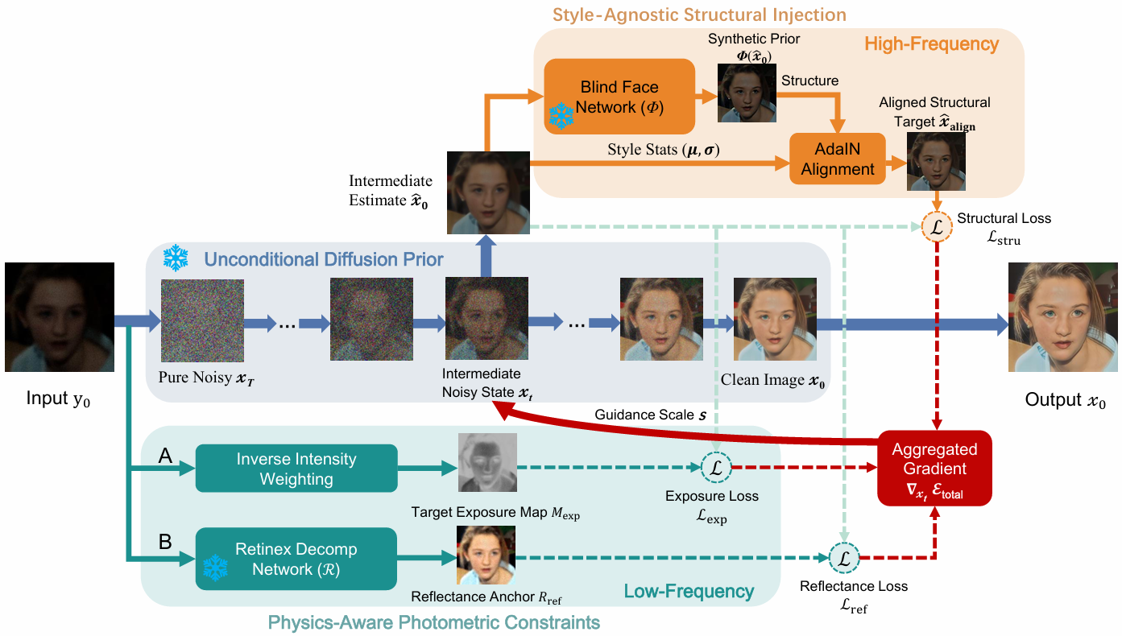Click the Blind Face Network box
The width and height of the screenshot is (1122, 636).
point(619,97)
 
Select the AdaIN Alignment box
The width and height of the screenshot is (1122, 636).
point(838,159)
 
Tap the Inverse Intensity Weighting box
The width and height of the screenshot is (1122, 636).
point(296,469)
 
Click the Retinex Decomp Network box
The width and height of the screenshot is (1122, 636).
point(296,559)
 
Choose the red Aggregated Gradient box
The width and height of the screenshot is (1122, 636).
point(934,469)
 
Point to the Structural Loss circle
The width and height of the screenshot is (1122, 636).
point(937,227)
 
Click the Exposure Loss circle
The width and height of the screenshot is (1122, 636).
point(716,467)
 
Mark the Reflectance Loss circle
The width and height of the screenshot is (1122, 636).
point(844,557)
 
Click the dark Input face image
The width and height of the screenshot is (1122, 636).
point(60,317)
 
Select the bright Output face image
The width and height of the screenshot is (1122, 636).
point(1063,317)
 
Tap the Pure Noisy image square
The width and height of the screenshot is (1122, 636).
point(202,320)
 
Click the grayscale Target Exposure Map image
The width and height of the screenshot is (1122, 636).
point(487,462)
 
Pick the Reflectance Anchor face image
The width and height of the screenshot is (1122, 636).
point(486,555)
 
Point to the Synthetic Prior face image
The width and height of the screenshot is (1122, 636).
point(747,93)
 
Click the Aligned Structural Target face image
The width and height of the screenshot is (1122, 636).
point(936,161)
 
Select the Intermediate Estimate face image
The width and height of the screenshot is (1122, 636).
point(488,192)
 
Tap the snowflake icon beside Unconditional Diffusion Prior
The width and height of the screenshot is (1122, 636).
point(176,258)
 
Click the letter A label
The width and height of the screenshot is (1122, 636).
point(165,456)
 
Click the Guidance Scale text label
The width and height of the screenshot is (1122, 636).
point(650,415)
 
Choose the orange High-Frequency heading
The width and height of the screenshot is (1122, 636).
point(932,44)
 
